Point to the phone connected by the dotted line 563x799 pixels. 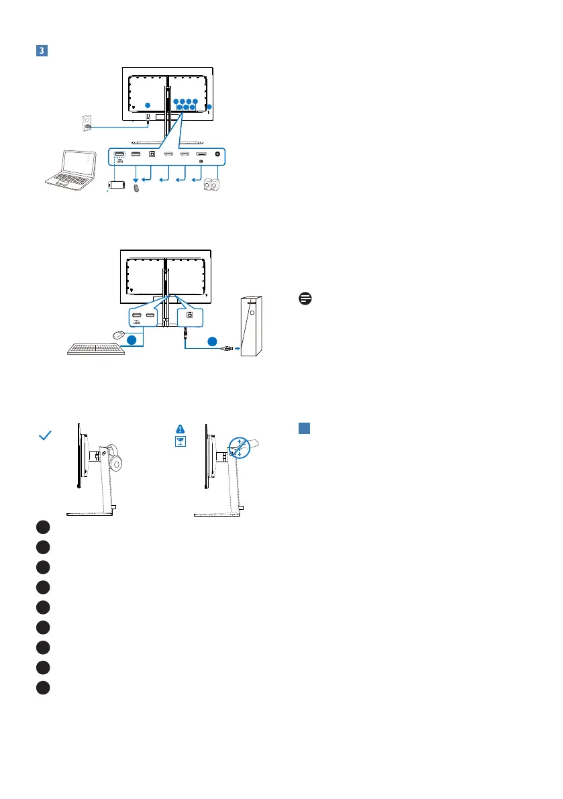point(117,186)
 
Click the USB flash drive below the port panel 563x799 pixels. point(136,189)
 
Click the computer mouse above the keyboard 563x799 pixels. point(117,334)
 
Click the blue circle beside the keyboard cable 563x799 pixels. point(133,341)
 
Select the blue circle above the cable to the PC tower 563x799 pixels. point(212,340)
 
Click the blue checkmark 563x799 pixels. point(46,436)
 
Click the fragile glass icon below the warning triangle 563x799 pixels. point(180,442)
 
